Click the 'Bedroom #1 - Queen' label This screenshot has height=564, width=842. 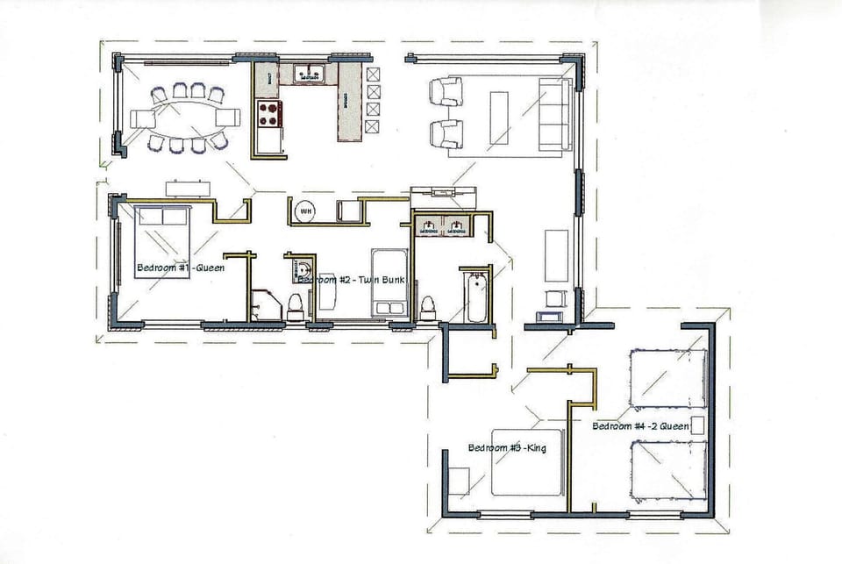point(180,268)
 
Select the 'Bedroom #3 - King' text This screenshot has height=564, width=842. point(507,448)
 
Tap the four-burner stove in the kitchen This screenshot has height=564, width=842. point(268,112)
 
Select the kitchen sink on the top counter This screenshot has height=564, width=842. point(310,75)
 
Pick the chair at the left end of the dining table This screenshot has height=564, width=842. point(140,118)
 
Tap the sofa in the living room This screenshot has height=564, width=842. point(554,112)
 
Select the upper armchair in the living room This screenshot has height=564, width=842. point(445,91)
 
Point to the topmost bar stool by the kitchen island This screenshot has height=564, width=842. point(375,73)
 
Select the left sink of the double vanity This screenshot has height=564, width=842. point(429,226)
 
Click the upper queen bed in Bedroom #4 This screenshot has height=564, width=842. point(667,378)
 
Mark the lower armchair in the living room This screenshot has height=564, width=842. point(445,133)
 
